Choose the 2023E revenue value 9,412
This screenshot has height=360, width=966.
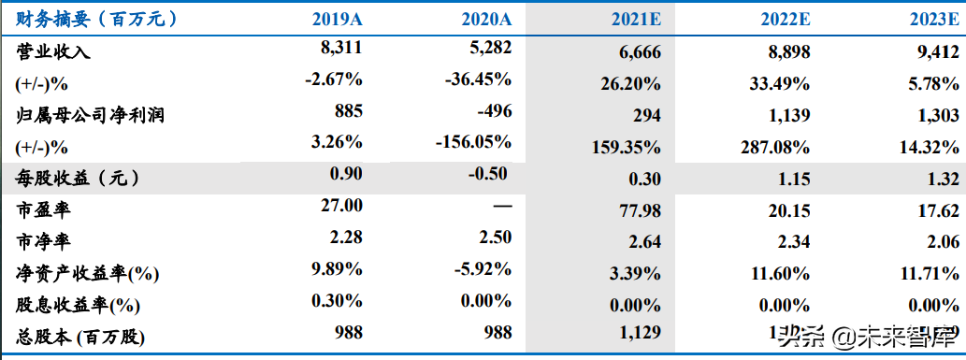pyautogui.click(x=937, y=52)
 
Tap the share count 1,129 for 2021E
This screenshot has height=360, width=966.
pyautogui.click(x=640, y=333)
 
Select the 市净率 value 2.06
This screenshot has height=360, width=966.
pyautogui.click(x=939, y=243)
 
